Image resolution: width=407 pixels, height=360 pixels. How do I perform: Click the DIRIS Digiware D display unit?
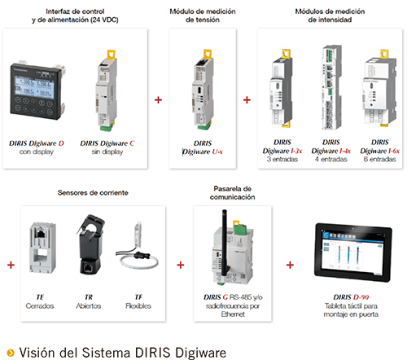pyautogui.click(x=37, y=91)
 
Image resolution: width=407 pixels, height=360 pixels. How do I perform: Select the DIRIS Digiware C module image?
pyautogui.click(x=107, y=90)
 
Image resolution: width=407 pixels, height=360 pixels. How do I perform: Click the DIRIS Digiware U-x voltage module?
pyautogui.click(x=203, y=90)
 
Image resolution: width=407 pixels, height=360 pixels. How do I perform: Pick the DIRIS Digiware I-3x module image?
pyautogui.click(x=282, y=88)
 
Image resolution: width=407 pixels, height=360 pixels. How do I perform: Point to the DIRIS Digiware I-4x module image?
pyautogui.click(x=331, y=87)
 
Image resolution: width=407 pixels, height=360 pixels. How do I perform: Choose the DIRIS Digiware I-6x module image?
pyautogui.click(x=379, y=88)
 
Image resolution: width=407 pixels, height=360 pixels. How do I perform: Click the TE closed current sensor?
pyautogui.click(x=42, y=248)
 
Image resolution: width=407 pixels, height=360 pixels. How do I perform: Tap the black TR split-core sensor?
pyautogui.click(x=90, y=244)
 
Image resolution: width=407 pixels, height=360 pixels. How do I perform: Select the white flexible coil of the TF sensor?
pyautogui.click(x=139, y=262)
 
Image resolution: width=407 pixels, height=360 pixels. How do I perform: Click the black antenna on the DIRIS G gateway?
pyautogui.click(x=225, y=243)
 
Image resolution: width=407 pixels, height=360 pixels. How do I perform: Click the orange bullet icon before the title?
pyautogui.click(x=11, y=353)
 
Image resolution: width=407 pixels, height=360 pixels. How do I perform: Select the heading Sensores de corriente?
pyautogui.click(x=93, y=193)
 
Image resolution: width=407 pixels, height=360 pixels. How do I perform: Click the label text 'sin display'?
pyautogui.click(x=107, y=151)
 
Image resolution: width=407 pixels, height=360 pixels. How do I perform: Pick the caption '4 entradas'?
pyautogui.click(x=331, y=160)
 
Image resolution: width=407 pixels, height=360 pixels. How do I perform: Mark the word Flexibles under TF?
pyautogui.click(x=138, y=306)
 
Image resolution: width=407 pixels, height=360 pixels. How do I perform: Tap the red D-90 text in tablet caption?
pyautogui.click(x=361, y=297)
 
